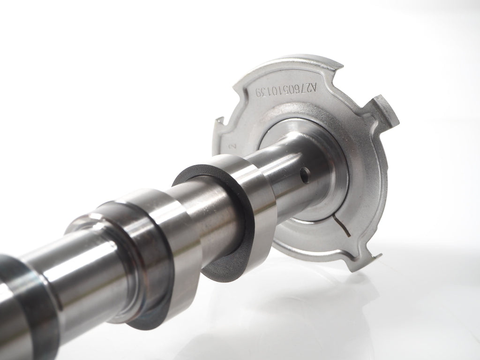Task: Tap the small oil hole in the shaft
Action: (305, 175)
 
